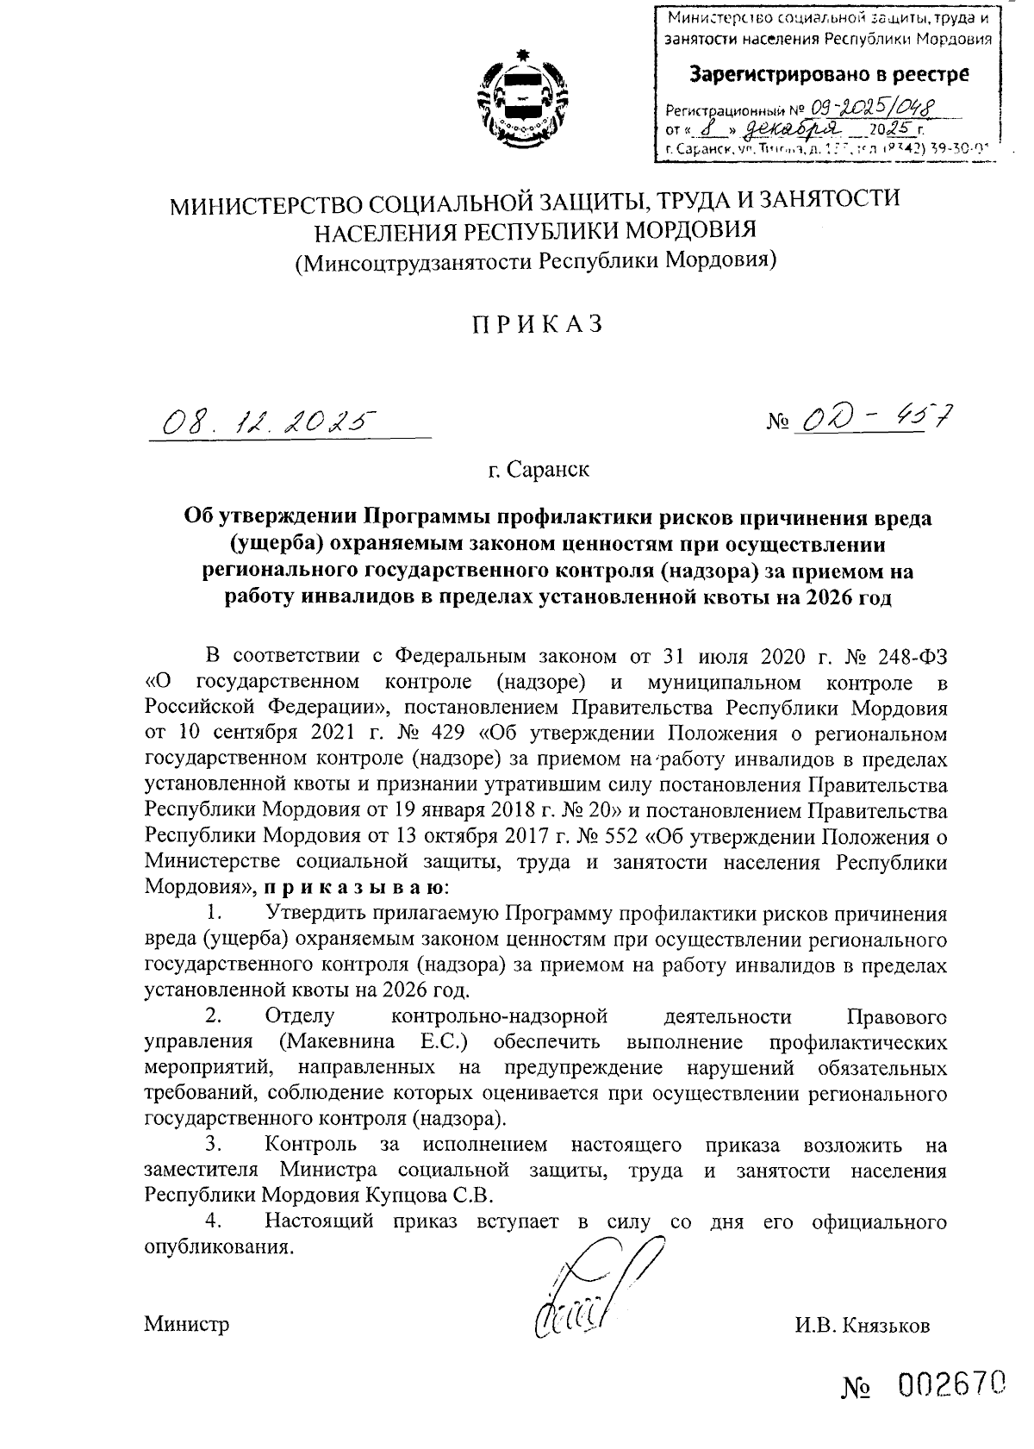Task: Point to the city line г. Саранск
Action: [x=537, y=471]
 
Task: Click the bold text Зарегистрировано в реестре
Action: [x=828, y=74]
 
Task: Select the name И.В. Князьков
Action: [x=863, y=1325]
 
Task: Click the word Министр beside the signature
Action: [x=186, y=1324]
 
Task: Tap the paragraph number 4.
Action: [x=215, y=1221]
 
